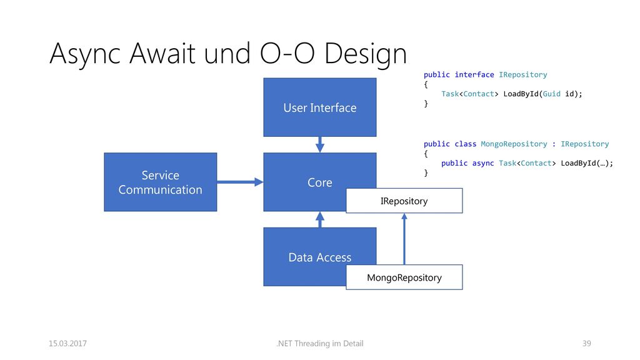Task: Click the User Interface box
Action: point(319,107)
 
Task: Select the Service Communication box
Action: point(161,182)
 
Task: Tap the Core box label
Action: point(319,182)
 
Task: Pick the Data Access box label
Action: point(319,257)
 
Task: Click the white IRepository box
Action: point(404,201)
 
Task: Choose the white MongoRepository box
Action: point(404,277)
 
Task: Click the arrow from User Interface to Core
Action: point(320,144)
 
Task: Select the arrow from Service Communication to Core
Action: point(240,182)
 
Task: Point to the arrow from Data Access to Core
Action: point(320,219)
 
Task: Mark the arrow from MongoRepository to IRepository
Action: point(404,239)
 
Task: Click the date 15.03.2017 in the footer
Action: point(67,343)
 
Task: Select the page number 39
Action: point(586,343)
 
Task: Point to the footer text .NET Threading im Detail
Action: point(319,343)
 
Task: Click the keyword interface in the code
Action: point(474,75)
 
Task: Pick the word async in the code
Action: point(483,163)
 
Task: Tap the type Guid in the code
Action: point(551,94)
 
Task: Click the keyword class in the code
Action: point(465,144)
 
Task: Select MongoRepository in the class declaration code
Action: point(514,144)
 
